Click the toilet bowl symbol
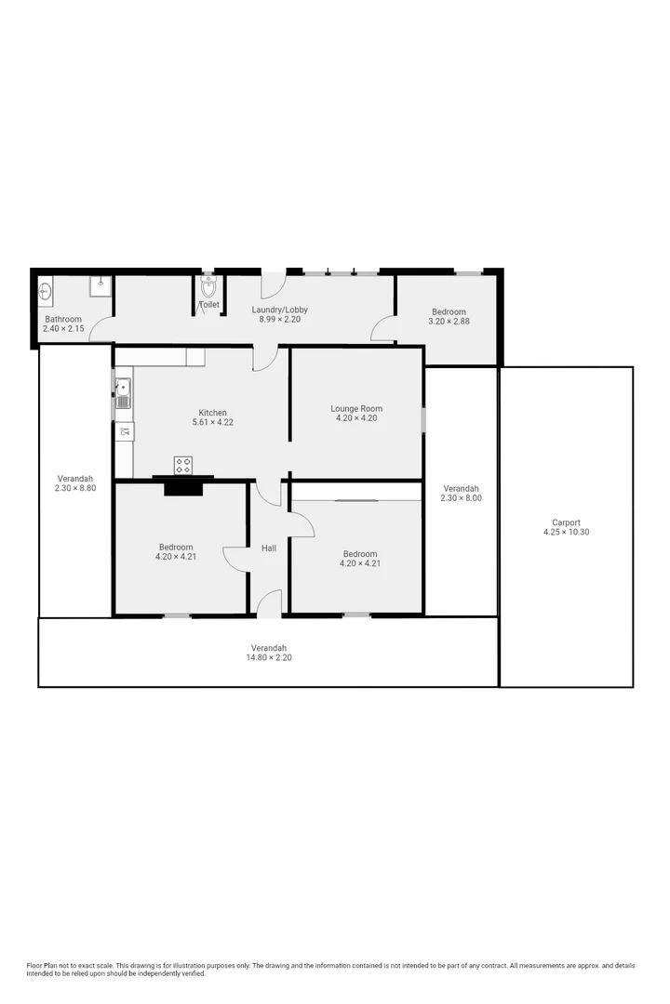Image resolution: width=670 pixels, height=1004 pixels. click(x=208, y=284)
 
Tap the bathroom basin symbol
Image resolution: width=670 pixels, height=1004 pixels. click(x=46, y=293)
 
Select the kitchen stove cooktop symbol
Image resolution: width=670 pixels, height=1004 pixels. click(x=183, y=465)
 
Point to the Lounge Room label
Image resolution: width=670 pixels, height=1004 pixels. click(x=356, y=408)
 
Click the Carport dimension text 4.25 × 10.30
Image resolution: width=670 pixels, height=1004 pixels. click(x=566, y=533)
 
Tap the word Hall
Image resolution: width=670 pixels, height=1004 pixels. click(x=269, y=548)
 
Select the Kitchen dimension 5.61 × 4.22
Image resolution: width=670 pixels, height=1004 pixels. click(x=212, y=423)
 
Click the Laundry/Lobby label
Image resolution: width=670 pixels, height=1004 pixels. click(x=280, y=310)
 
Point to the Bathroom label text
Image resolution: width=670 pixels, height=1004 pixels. click(x=63, y=319)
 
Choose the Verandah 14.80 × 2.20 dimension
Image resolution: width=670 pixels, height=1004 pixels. click(x=268, y=657)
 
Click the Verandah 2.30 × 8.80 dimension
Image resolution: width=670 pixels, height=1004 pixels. click(x=75, y=488)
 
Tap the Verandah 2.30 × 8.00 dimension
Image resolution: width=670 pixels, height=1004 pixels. click(x=461, y=498)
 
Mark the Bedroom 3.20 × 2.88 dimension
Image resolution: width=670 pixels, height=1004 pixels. click(x=449, y=322)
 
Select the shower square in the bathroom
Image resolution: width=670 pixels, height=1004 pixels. click(x=100, y=285)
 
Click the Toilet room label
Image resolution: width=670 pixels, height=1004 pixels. click(x=209, y=304)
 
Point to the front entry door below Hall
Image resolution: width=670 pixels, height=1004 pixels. click(x=268, y=603)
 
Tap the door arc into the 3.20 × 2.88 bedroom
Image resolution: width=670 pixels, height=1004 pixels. click(x=382, y=328)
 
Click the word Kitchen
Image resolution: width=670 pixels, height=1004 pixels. click(x=212, y=413)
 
